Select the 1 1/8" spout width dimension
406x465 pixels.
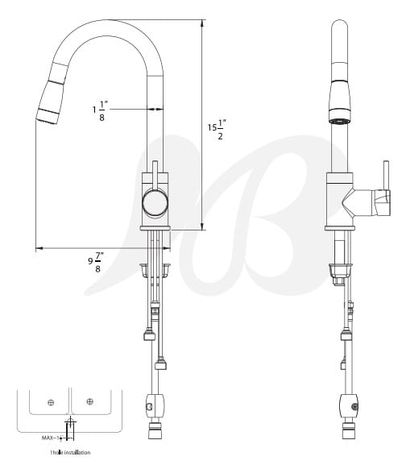pyautogui.click(x=101, y=110)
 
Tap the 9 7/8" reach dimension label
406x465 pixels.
pyautogui.click(x=95, y=263)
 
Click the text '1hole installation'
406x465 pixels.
pyautogui.click(x=70, y=453)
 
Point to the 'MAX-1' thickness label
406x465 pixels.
pyautogui.click(x=51, y=438)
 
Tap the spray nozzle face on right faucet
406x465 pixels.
pyautogui.click(x=342, y=120)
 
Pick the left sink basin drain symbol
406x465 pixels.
pyautogui.click(x=51, y=401)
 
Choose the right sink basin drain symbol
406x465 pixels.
pyautogui.click(x=89, y=401)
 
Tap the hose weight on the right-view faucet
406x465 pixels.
pyautogui.click(x=346, y=405)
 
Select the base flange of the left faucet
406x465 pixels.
pyautogui.click(x=155, y=229)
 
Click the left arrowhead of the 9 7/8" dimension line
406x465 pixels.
pyautogui.click(x=38, y=248)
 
